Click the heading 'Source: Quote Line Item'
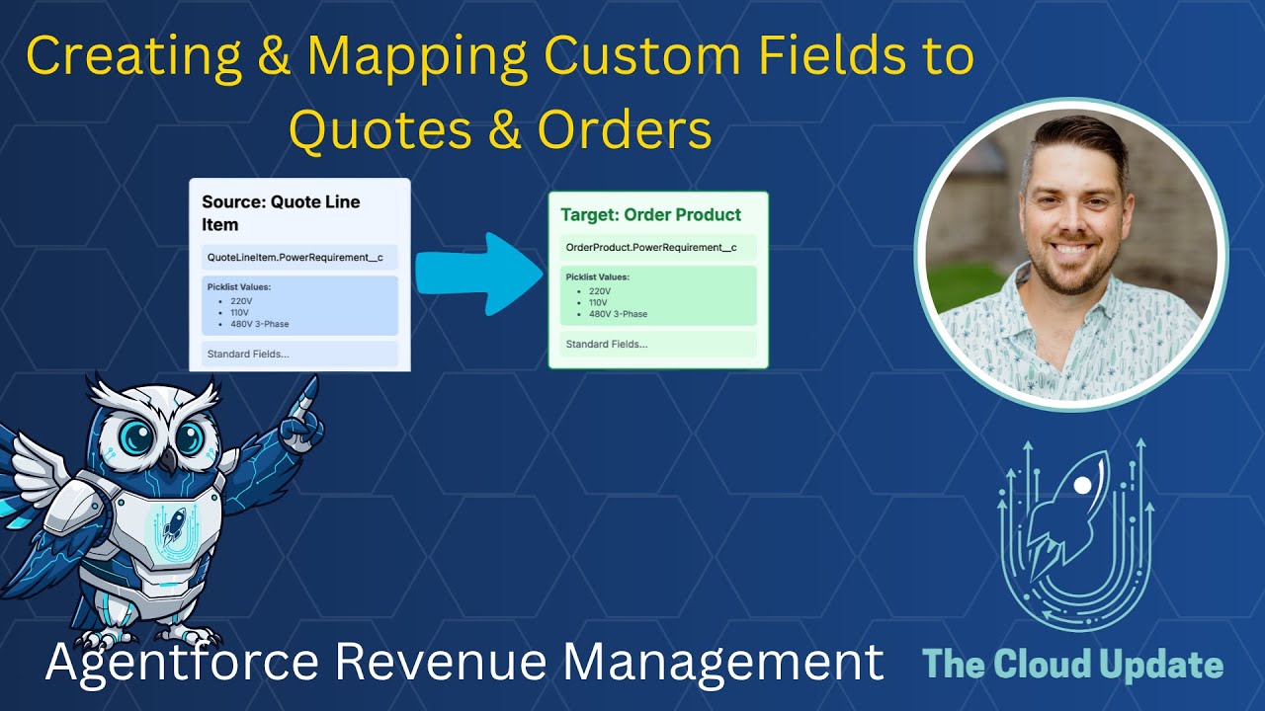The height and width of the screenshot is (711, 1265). pos(282,212)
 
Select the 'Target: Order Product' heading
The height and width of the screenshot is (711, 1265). pos(650,214)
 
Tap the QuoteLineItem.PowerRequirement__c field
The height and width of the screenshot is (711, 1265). pos(295,258)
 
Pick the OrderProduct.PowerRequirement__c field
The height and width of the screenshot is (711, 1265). pos(651,247)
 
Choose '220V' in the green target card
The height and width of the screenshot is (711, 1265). pos(600,291)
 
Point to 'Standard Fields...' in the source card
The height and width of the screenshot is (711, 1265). pos(248,354)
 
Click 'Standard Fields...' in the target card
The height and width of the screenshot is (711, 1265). pos(607,344)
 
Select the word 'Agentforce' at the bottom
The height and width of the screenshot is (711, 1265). pos(180,663)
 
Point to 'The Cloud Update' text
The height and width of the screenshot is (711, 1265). pos(1073,665)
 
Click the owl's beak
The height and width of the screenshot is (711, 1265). pos(169,461)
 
